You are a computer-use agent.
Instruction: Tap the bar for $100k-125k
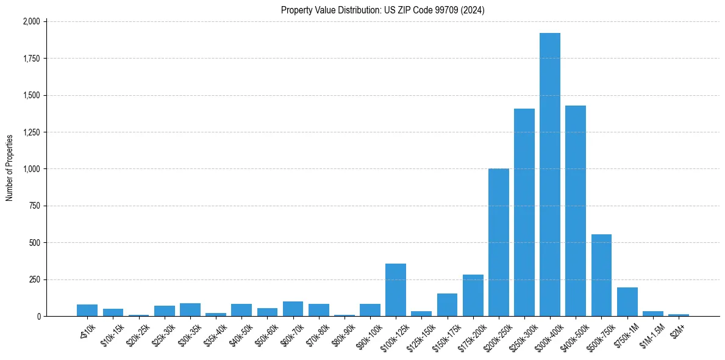[396, 290]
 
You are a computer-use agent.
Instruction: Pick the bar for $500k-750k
[601, 275]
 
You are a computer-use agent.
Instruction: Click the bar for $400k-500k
[576, 211]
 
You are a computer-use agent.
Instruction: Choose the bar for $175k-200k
[473, 295]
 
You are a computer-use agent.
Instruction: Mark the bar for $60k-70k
[293, 309]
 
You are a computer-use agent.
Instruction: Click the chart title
[383, 10]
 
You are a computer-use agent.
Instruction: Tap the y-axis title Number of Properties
[10, 168]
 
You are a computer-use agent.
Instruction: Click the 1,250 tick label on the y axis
[30, 132]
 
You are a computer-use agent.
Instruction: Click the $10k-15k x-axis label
[112, 331]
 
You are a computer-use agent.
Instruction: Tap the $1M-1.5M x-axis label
[650, 333]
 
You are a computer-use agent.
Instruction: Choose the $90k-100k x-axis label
[368, 333]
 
